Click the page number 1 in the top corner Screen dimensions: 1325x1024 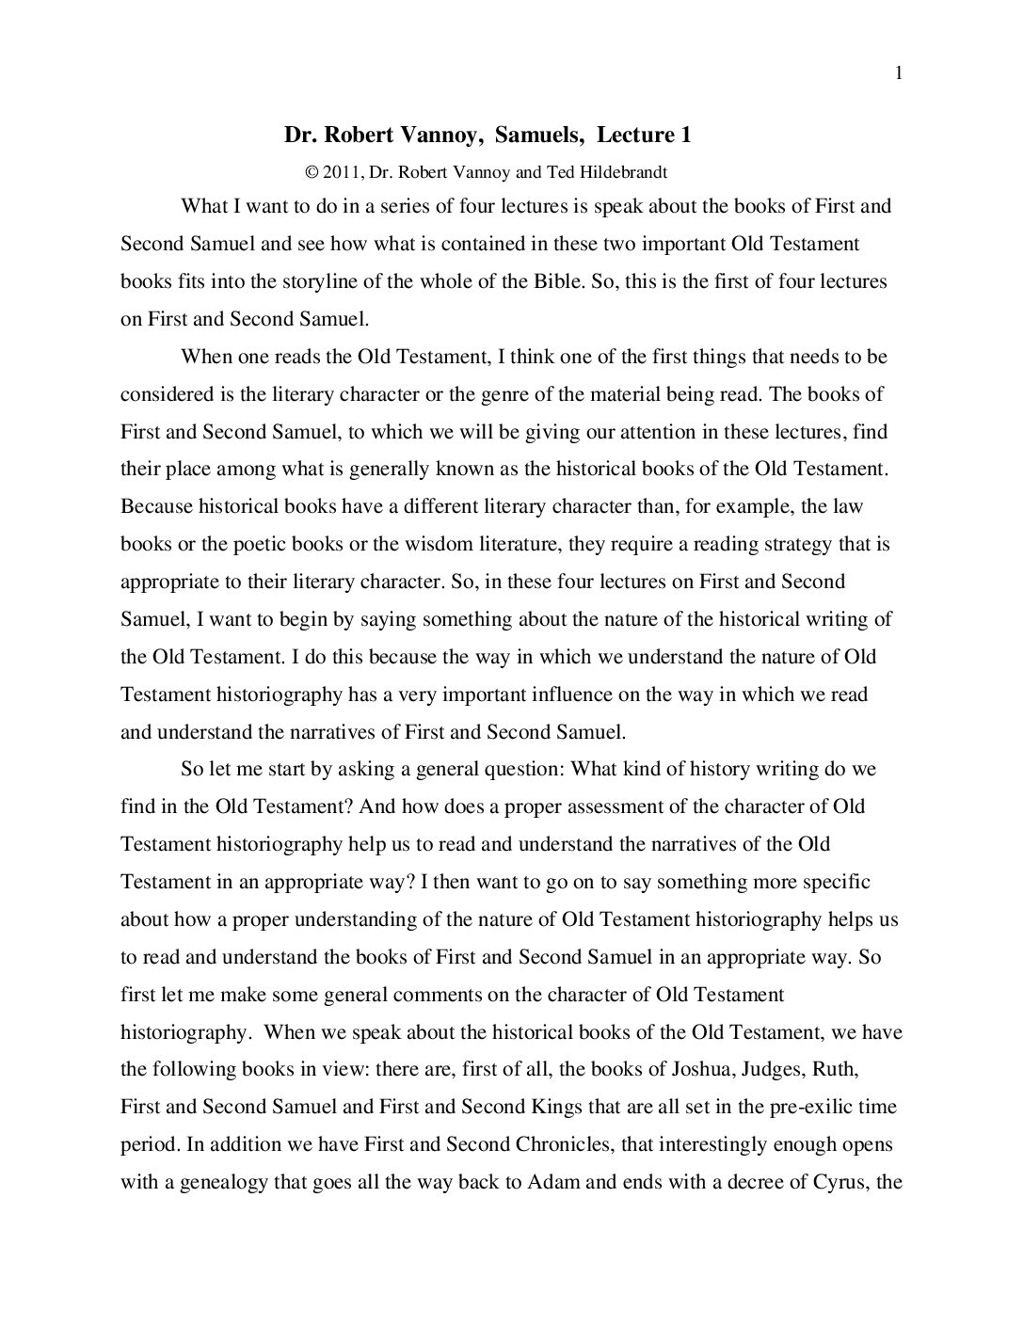click(x=900, y=74)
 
